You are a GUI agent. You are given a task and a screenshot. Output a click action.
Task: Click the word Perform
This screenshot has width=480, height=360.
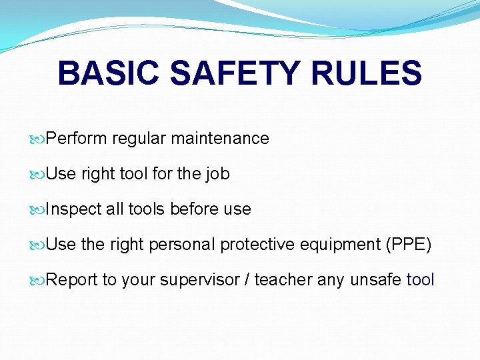(77, 139)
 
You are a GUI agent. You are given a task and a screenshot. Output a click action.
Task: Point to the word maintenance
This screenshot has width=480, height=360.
(220, 139)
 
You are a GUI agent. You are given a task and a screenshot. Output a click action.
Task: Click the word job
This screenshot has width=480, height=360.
(217, 174)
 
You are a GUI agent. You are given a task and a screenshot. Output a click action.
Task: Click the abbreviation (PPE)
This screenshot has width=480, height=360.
(409, 245)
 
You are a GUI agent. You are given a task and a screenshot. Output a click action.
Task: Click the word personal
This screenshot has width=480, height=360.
(182, 245)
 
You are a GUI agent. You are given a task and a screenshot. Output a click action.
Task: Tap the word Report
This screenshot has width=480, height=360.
(73, 280)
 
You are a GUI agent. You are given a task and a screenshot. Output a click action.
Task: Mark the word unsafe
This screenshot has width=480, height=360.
(375, 280)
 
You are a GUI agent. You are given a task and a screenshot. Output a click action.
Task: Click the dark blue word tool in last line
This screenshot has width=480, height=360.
(420, 280)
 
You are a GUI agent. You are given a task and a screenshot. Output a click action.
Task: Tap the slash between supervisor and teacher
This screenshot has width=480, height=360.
(247, 280)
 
